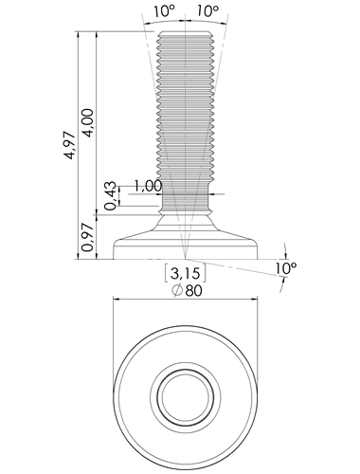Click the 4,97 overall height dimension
point(70,145)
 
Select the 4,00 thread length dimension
point(87,123)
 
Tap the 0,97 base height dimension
point(87,237)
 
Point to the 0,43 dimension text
point(110,196)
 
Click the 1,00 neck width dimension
point(148,186)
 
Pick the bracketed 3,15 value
point(185,273)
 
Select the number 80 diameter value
point(193,291)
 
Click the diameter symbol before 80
point(178,290)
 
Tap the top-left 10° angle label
point(164,11)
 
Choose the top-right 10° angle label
point(207,11)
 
